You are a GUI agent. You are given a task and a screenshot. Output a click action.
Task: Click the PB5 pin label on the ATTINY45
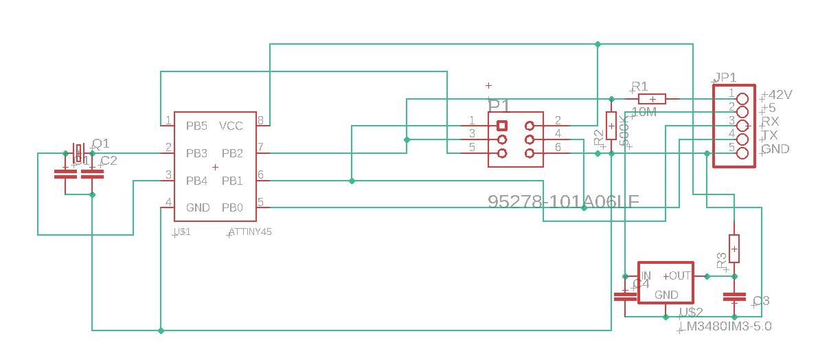click(196, 126)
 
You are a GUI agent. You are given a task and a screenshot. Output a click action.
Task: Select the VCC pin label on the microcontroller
click(231, 126)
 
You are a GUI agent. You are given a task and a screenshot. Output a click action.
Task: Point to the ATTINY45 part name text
click(251, 232)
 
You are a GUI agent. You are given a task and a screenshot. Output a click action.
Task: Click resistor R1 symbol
click(647, 99)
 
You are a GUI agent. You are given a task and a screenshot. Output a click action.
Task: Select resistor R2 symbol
click(611, 126)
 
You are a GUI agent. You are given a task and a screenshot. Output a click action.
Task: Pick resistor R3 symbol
click(734, 248)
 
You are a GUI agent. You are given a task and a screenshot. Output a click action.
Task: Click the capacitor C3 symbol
click(734, 297)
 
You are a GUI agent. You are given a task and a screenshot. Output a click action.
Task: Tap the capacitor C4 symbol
click(624, 297)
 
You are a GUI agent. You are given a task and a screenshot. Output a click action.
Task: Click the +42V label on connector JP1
click(777, 95)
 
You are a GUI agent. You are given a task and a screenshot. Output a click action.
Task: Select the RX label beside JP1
click(770, 122)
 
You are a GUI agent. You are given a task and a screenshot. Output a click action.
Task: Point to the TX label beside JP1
click(770, 135)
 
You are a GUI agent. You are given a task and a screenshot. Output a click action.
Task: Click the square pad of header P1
click(502, 126)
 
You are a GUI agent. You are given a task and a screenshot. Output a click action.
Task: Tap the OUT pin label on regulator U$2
click(679, 275)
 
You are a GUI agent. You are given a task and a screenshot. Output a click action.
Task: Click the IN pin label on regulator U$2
click(646, 275)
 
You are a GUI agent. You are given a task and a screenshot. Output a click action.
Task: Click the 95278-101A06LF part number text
click(563, 201)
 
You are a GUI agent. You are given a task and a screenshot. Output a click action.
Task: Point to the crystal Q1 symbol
click(78, 153)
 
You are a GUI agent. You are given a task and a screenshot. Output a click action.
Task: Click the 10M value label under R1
click(643, 112)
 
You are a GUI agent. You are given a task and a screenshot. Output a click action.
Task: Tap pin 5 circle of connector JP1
click(742, 153)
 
